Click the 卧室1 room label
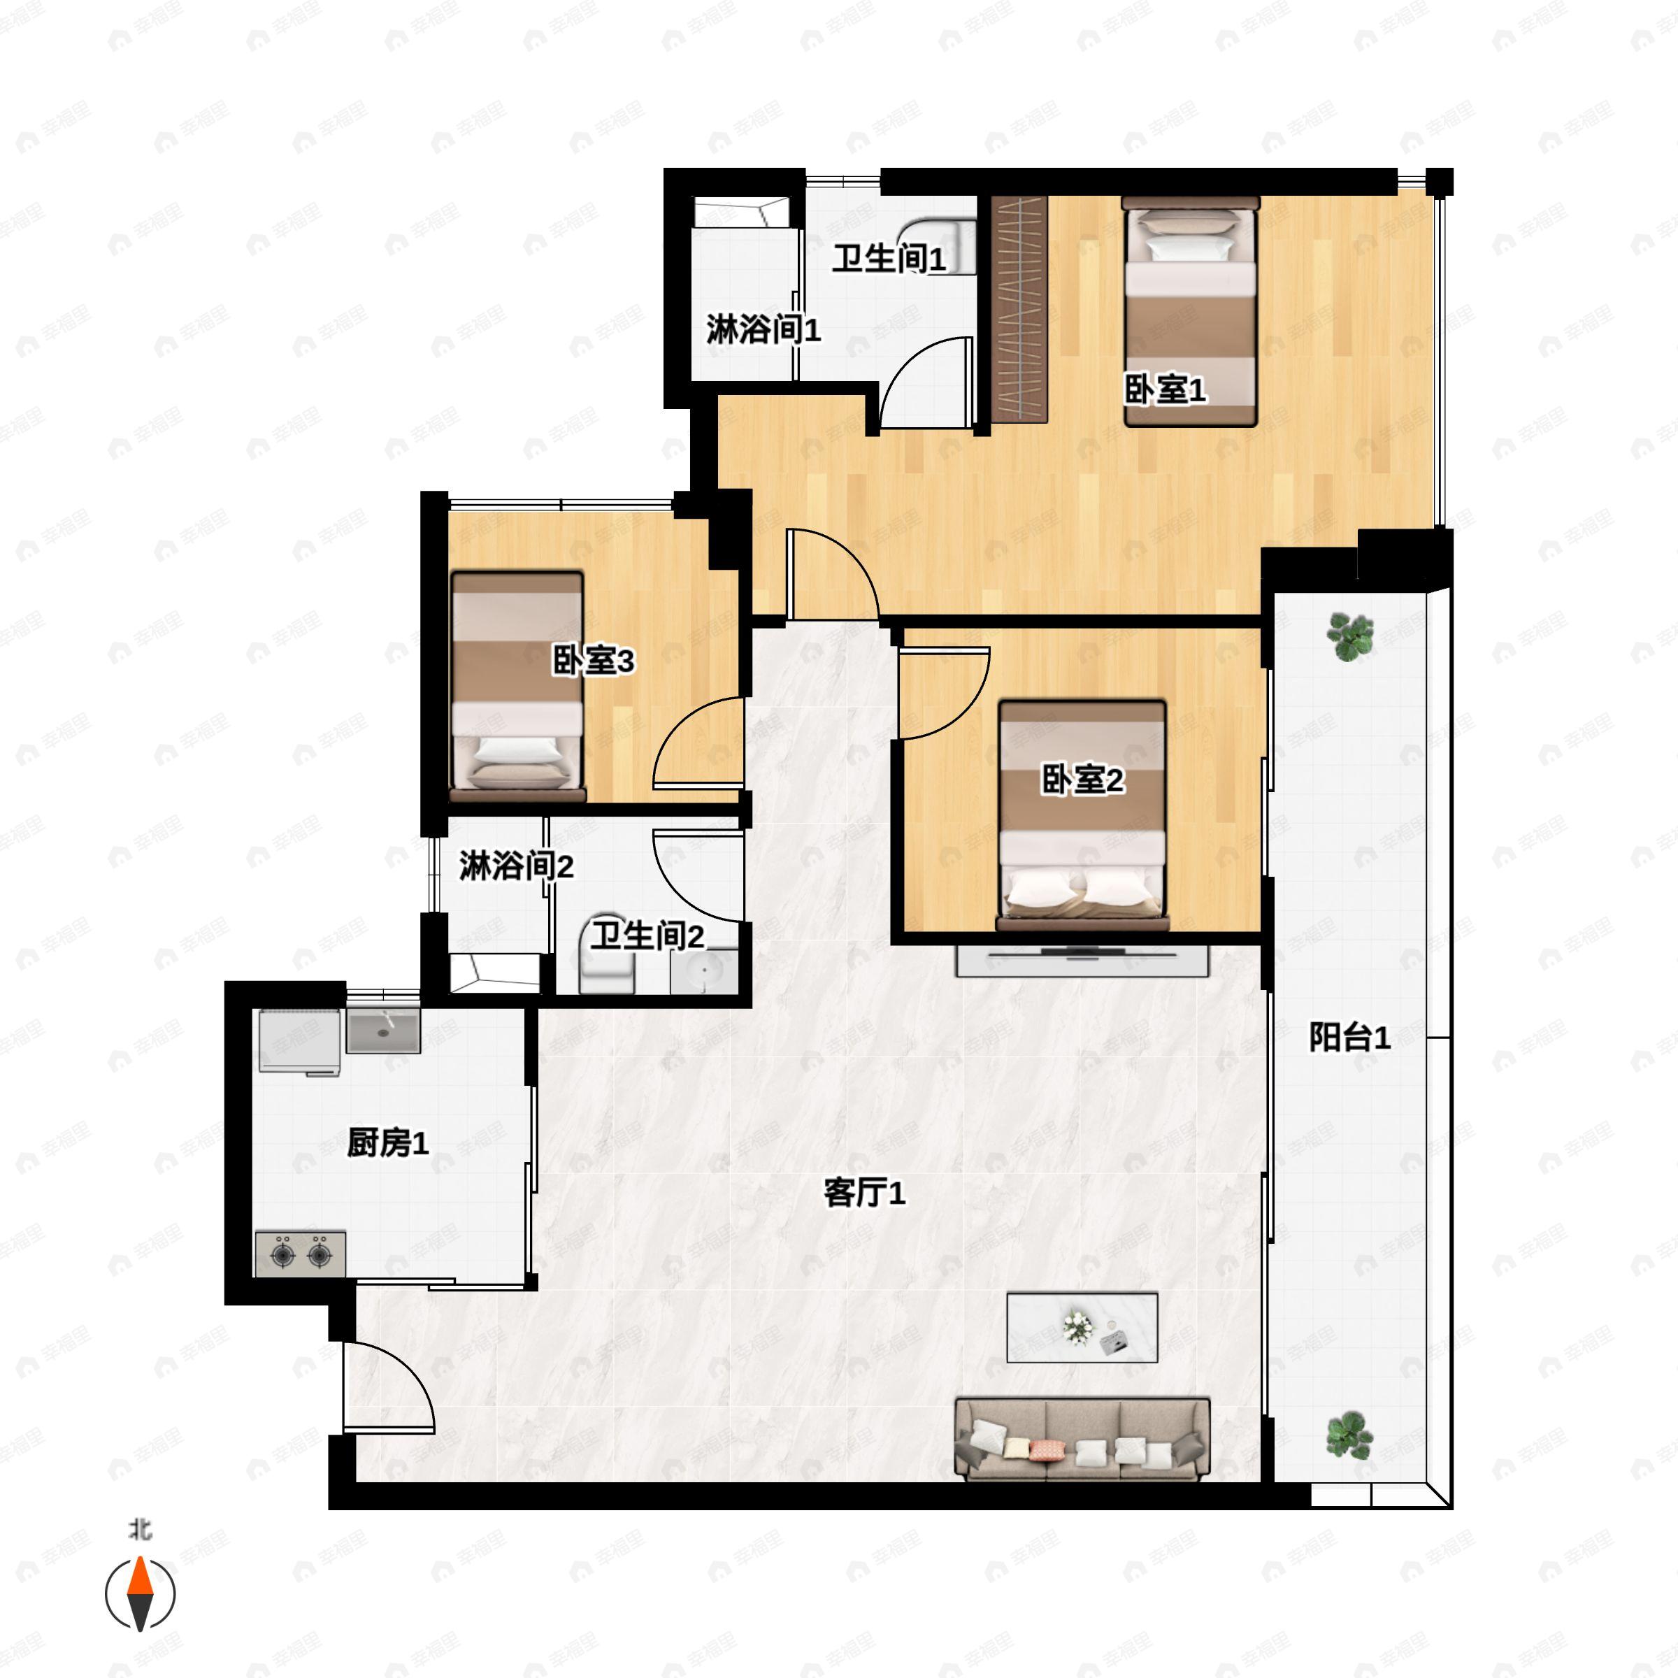tap(1165, 390)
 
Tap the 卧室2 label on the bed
tap(1082, 780)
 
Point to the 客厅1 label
tap(864, 1193)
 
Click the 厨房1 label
tap(387, 1143)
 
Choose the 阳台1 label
tap(1349, 1037)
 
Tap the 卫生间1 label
tap(889, 258)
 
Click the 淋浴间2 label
tap(516, 866)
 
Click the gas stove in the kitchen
tap(301, 1255)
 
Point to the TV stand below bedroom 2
tap(1082, 961)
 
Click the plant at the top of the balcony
tap(1349, 637)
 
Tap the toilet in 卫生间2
tap(606, 961)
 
